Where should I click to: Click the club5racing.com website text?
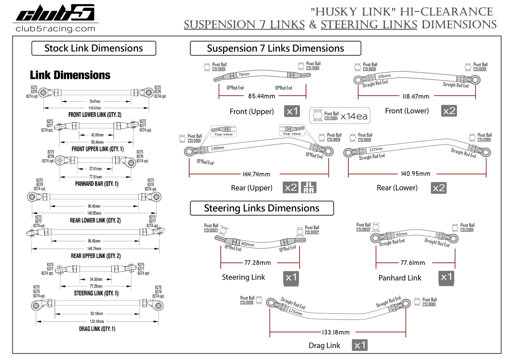click(55, 29)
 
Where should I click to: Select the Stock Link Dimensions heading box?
click(94, 48)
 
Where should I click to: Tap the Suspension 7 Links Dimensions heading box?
click(275, 48)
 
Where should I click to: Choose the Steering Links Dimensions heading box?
click(262, 208)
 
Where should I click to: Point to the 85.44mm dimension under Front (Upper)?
click(262, 96)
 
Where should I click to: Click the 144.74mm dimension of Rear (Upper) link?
click(256, 174)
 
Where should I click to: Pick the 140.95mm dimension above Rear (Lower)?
click(416, 174)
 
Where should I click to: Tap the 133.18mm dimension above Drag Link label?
click(335, 332)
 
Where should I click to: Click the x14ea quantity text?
click(354, 117)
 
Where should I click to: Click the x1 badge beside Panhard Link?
click(446, 277)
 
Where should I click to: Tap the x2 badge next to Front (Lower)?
click(449, 111)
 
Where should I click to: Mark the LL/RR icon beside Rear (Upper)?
click(307, 187)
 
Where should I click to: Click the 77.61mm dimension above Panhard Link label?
click(413, 263)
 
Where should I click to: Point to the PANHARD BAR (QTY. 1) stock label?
click(96, 184)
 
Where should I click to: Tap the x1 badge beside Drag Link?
click(360, 345)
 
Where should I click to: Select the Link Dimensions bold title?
click(70, 75)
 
